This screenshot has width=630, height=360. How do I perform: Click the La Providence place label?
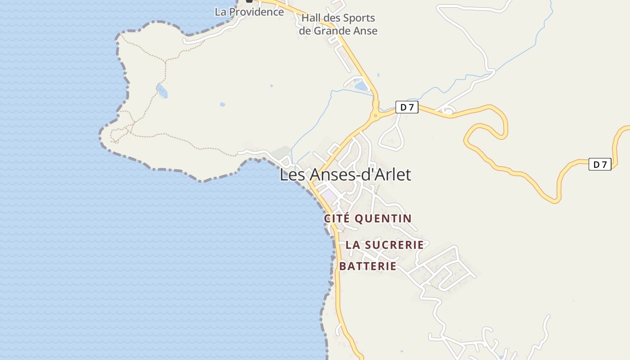tap(249, 12)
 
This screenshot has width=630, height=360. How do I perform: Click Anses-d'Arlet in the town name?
tap(358, 175)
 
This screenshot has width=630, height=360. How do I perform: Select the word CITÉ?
tap(337, 219)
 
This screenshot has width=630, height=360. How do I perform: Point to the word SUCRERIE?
tap(394, 245)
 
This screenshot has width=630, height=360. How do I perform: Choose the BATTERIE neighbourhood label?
tap(368, 266)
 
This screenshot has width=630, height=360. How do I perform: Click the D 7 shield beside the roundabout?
tap(407, 107)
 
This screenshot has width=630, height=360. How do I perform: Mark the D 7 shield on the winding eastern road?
tap(600, 164)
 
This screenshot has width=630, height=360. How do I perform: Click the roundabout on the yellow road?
tap(375, 115)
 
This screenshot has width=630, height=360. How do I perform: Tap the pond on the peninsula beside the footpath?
tap(162, 91)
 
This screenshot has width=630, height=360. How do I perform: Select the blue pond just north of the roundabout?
tap(361, 85)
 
